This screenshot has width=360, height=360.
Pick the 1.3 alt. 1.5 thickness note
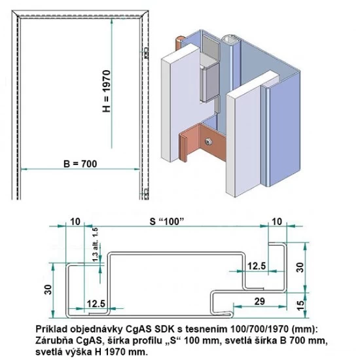(x=96, y=249)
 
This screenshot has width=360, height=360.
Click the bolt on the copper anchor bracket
(x=209, y=139)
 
